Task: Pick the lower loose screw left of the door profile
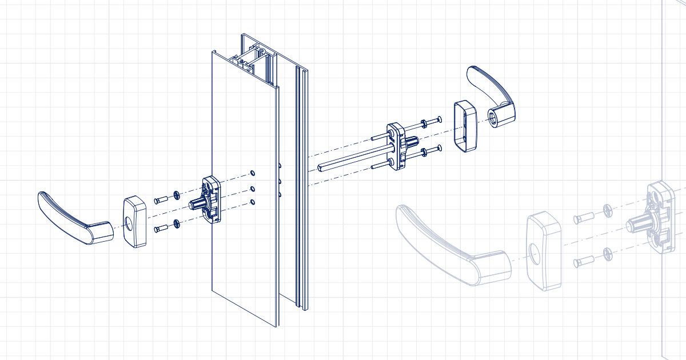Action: point(160,229)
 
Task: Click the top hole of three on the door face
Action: point(253,172)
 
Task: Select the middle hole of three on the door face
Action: point(253,188)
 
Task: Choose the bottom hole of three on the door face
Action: point(253,202)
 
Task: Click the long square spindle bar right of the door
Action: point(349,161)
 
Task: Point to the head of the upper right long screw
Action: point(438,119)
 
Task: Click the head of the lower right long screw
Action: point(438,149)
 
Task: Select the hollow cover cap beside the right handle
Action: point(465,127)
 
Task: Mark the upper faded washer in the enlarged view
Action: point(607,211)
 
